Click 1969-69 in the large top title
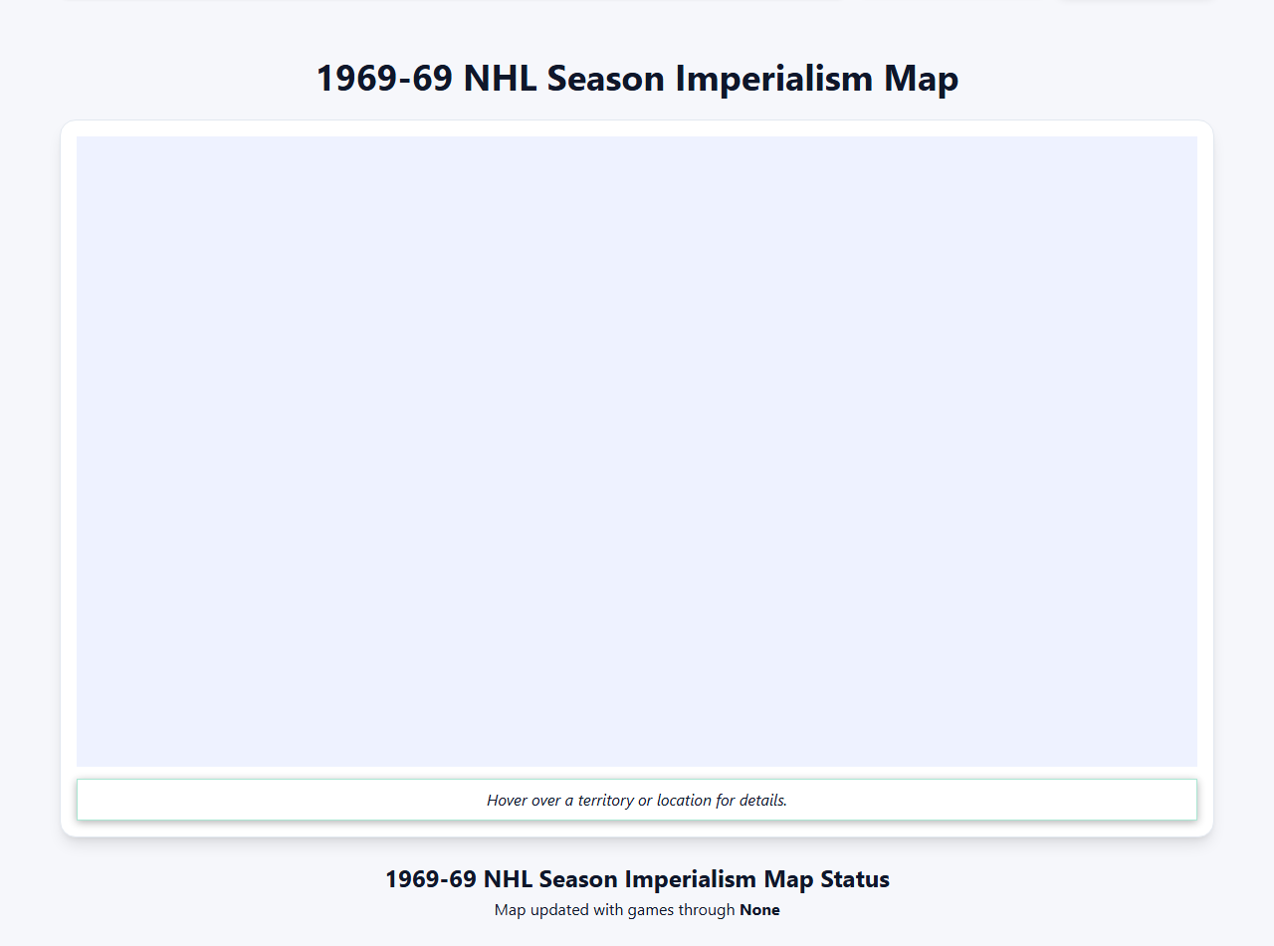coord(384,79)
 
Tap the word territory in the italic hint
coord(604,801)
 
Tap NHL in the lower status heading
coord(503,880)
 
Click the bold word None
coord(759,910)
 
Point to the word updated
coord(557,910)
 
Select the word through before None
coord(706,910)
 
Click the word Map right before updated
coord(509,910)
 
